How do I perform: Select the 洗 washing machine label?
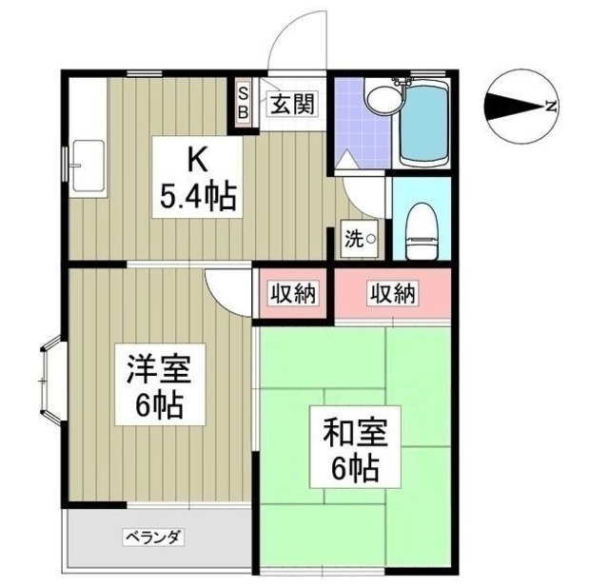[361, 240]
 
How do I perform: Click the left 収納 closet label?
[291, 294]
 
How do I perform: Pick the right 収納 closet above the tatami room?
[392, 294]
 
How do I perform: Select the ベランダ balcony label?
[152, 538]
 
